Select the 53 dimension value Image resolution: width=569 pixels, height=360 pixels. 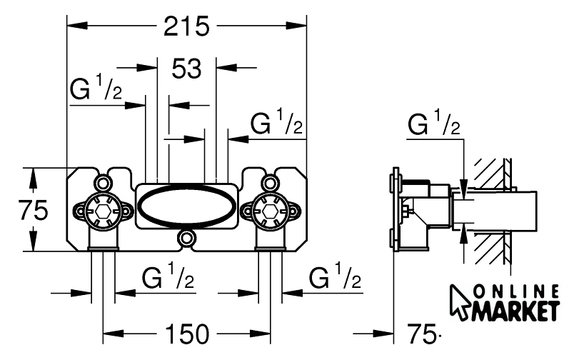[186, 69]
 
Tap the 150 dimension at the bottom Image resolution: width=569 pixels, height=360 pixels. [186, 333]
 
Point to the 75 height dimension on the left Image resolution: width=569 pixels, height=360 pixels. [33, 210]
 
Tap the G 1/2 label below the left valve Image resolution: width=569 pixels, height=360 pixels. [168, 277]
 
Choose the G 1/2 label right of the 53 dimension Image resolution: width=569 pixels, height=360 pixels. [278, 124]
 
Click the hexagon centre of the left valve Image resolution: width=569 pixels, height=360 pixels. [104, 211]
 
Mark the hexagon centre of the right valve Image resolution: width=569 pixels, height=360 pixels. [269, 211]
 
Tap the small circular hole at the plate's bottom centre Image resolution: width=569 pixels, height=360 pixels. [186, 238]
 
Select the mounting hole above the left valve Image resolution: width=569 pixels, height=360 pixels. [104, 180]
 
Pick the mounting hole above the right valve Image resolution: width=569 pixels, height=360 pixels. [269, 180]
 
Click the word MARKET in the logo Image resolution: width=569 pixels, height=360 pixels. [513, 311]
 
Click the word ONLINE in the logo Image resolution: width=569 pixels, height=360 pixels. [517, 290]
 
